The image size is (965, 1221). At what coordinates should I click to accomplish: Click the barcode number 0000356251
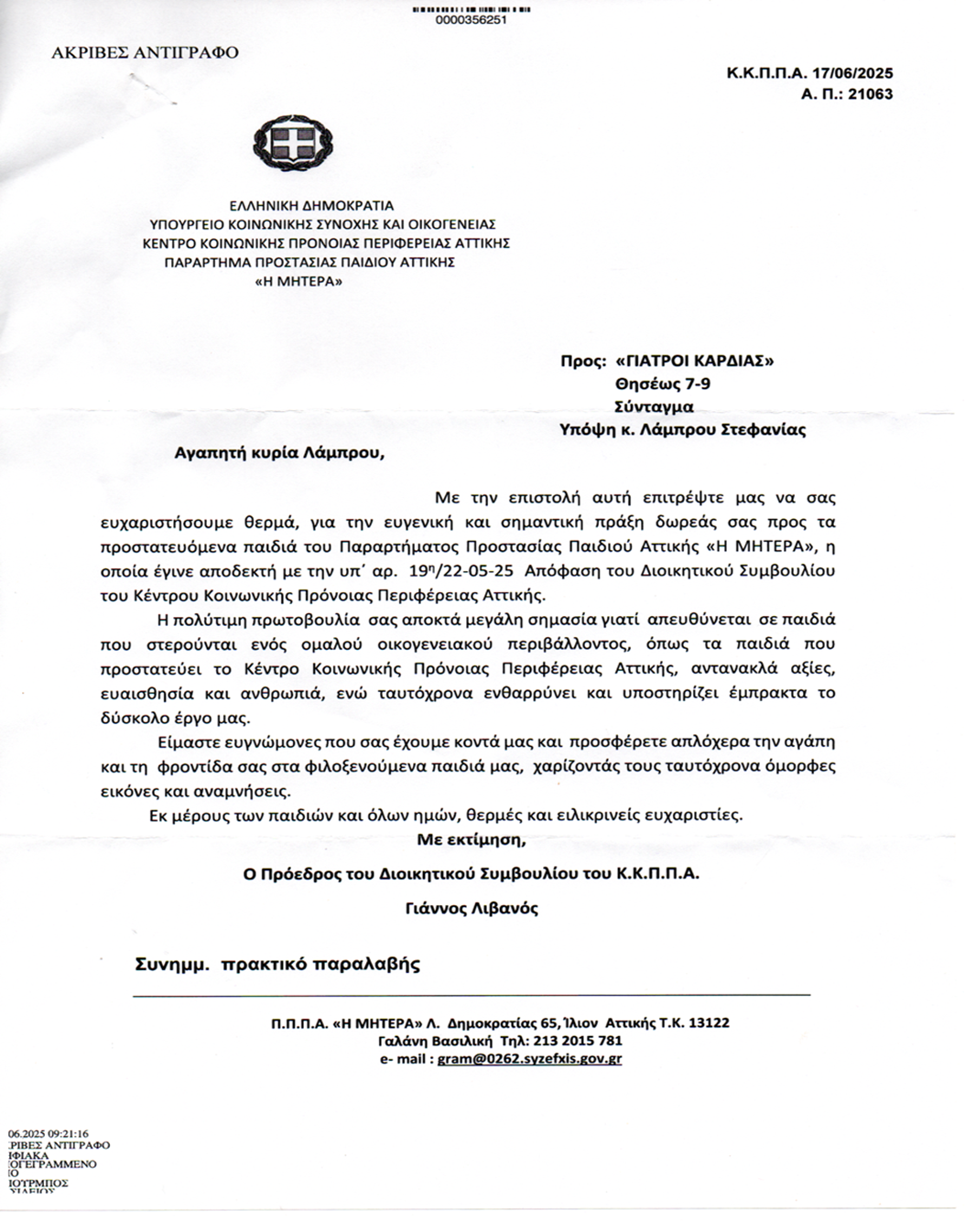tap(472, 20)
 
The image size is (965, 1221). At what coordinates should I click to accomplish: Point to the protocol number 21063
tap(872, 94)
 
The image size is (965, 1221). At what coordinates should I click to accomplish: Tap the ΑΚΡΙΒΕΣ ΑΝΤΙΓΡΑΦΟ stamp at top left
tap(145, 52)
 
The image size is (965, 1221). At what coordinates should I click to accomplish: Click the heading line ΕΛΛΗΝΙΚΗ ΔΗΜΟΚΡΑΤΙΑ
tap(312, 205)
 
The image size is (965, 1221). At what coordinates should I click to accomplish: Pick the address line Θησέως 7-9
tap(662, 384)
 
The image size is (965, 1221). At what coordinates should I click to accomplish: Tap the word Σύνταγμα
tap(654, 406)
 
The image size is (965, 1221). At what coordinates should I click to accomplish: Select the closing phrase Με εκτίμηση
tap(472, 838)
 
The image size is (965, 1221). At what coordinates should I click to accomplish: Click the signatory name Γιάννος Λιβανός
tap(472, 909)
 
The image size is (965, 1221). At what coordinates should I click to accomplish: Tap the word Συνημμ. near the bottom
tap(172, 964)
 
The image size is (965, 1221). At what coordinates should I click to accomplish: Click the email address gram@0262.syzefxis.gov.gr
tap(529, 1059)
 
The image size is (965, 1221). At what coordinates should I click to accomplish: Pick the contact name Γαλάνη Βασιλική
tap(436, 1041)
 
